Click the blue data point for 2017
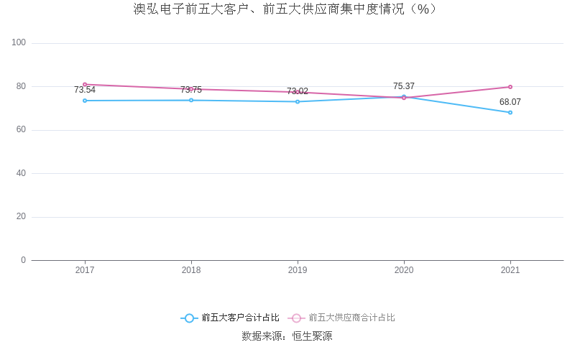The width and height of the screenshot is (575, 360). pyautogui.click(x=85, y=101)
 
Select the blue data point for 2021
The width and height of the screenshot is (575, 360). pyautogui.click(x=510, y=112)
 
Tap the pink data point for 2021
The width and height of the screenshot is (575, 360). pyautogui.click(x=510, y=87)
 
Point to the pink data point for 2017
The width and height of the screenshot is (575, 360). pyautogui.click(x=85, y=85)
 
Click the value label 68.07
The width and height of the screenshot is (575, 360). pyautogui.click(x=510, y=102)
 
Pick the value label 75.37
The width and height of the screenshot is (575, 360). pyautogui.click(x=404, y=86)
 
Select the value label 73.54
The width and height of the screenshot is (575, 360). pyautogui.click(x=85, y=91)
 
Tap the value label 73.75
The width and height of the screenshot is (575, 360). pyautogui.click(x=191, y=91)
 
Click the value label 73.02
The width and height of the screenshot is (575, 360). pyautogui.click(x=298, y=91)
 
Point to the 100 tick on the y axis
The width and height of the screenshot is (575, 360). pyautogui.click(x=19, y=43)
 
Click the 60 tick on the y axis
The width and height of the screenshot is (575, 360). pyautogui.click(x=21, y=130)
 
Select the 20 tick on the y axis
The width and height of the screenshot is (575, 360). pyautogui.click(x=21, y=217)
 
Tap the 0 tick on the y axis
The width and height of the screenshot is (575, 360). pyautogui.click(x=23, y=260)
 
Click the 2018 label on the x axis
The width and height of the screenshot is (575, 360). pyautogui.click(x=191, y=271)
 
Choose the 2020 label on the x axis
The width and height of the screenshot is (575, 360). pyautogui.click(x=404, y=271)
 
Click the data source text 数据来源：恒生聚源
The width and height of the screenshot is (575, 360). pyautogui.click(x=287, y=336)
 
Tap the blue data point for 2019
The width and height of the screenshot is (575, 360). pyautogui.click(x=298, y=101)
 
